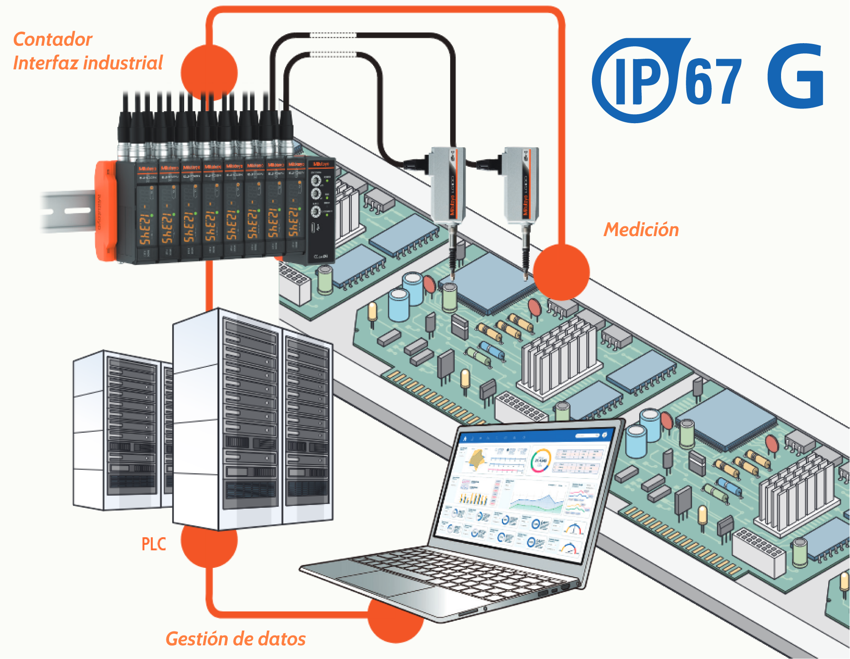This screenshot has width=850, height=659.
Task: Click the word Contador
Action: click(x=53, y=40)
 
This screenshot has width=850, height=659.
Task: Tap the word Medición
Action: click(x=641, y=230)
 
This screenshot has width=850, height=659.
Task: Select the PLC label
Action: click(x=153, y=544)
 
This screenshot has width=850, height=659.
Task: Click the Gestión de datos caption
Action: click(x=235, y=639)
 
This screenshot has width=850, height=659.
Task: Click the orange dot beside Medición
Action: click(x=561, y=272)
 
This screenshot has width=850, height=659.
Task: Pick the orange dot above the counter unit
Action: click(x=209, y=72)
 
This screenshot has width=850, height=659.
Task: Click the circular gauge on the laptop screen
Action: click(x=540, y=460)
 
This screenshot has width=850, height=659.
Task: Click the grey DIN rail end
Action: click(x=67, y=211)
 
